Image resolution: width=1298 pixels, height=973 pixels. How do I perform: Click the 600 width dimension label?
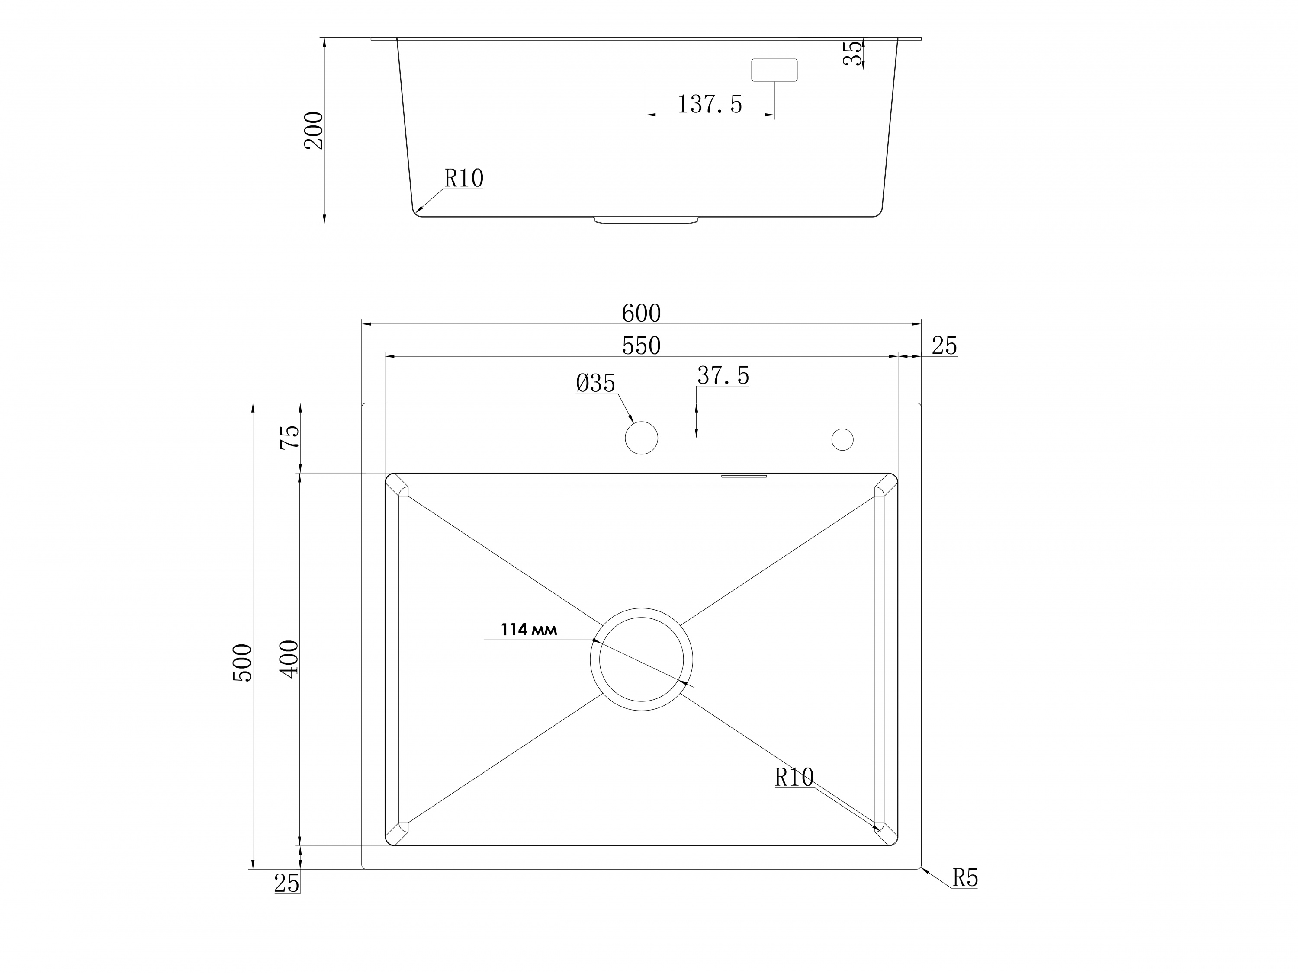pos(641,314)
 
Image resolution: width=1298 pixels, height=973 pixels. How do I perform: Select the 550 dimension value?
pos(641,346)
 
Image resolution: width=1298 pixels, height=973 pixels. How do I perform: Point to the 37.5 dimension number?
pos(723,376)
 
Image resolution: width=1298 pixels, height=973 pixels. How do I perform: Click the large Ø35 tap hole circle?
pos(641,438)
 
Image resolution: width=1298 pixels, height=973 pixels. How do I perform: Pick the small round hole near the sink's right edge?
pos(842,439)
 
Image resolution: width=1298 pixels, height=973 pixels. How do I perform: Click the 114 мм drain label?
pos(528,630)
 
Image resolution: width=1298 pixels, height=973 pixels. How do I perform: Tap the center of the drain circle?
pos(641,659)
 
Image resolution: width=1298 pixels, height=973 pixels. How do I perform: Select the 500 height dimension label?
pos(242,663)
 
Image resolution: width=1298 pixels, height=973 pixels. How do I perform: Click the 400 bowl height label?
pos(289,659)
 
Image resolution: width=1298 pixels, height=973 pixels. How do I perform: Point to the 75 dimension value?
pos(289,438)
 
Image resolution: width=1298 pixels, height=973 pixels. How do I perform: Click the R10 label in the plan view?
pos(794,778)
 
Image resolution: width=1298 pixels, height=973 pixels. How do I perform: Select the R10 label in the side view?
pos(463,178)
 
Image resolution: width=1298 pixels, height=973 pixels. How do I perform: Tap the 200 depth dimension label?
pos(314,130)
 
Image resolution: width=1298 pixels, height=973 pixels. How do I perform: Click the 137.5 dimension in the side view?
pos(710,104)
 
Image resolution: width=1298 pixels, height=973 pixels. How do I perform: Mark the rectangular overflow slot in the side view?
pos(774,70)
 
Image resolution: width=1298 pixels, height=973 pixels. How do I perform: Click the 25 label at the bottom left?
pos(286,883)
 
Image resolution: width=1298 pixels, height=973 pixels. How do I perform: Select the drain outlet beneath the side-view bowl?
pos(646,220)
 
